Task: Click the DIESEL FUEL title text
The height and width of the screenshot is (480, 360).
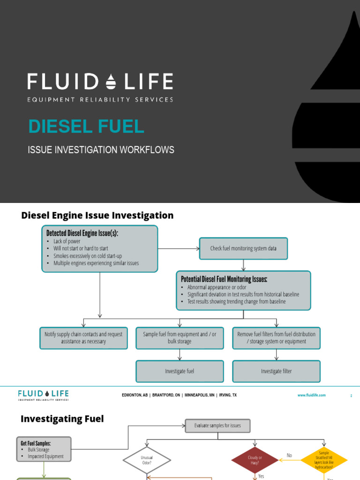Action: (x=86, y=127)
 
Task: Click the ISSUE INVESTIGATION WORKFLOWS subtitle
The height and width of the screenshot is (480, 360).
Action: (x=101, y=150)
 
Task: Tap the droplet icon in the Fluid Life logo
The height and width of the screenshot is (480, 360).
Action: (x=111, y=82)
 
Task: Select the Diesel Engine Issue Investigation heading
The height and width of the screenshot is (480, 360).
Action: (x=97, y=216)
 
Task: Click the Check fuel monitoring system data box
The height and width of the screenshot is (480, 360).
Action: (x=243, y=248)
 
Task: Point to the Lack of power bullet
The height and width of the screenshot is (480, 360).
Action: (x=67, y=241)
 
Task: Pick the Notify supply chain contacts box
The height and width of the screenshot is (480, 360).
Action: (x=83, y=338)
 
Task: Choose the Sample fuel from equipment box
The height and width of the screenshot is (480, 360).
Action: (x=180, y=338)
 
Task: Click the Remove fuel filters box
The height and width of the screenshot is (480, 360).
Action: (x=276, y=338)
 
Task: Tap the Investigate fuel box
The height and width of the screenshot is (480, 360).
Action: (x=180, y=371)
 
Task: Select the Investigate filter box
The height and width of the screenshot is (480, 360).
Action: (x=276, y=371)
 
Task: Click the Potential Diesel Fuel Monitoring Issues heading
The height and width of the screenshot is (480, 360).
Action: (x=224, y=279)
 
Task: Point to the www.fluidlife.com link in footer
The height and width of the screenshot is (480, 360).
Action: (x=311, y=396)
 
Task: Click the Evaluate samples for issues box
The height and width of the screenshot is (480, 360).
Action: (x=217, y=426)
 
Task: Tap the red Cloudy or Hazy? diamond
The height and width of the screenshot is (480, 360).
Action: (x=255, y=459)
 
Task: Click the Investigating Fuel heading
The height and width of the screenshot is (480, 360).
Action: (x=62, y=419)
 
